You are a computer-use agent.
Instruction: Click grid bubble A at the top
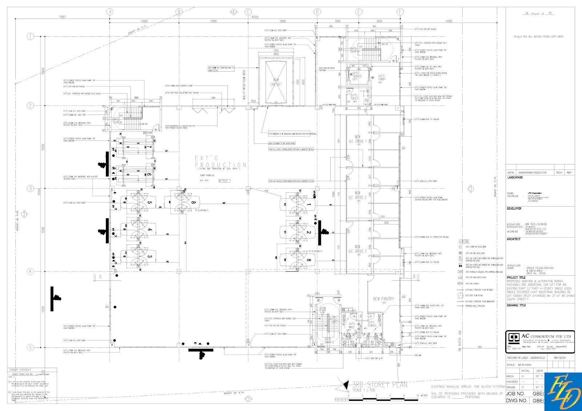pos(110,12)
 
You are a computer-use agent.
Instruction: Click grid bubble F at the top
pos(400,12)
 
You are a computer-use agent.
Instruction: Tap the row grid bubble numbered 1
pos(31,36)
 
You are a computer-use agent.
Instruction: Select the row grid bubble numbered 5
pos(31,348)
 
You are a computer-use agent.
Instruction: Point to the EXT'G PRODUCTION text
pos(220,162)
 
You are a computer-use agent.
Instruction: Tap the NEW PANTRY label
pos(383,299)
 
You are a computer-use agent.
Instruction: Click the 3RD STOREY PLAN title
pos(379,384)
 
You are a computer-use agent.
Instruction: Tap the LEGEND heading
pos(464,241)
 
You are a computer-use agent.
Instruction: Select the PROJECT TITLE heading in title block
pos(516,278)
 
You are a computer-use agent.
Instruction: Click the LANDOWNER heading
pos(515,177)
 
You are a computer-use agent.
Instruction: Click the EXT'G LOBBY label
pos(382,77)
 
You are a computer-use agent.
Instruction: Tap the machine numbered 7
pos(149,147)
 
